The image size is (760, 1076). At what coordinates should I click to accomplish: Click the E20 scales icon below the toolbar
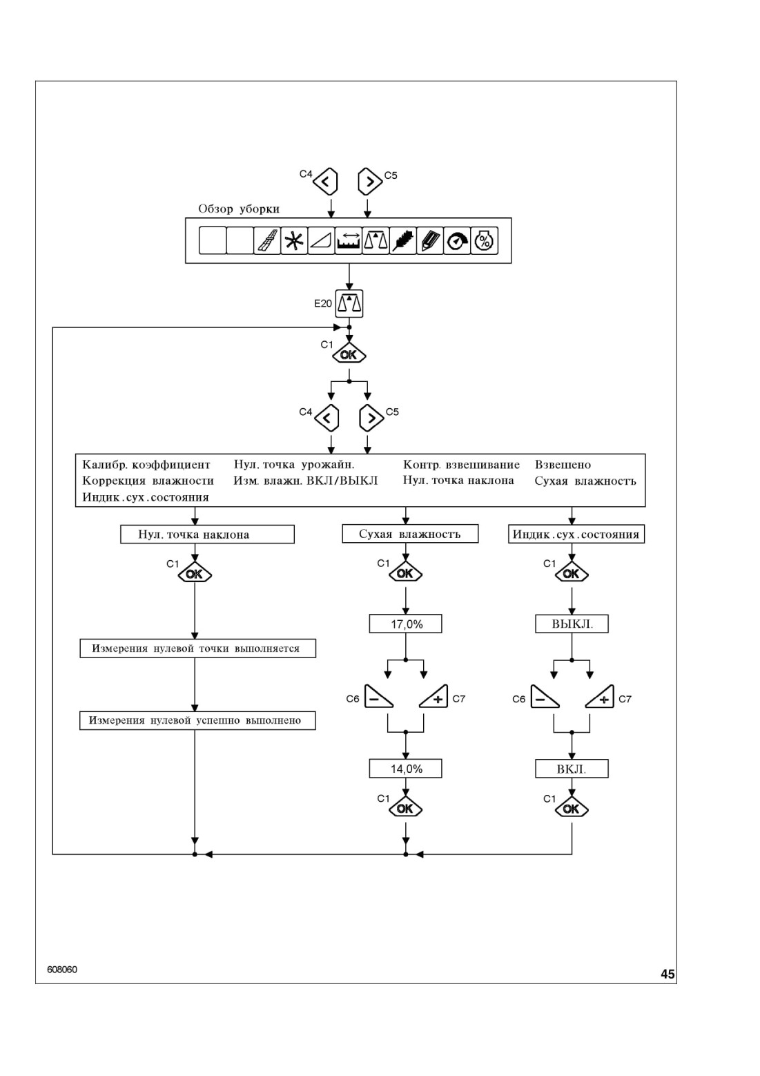(349, 304)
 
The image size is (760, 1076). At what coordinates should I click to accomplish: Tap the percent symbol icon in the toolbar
(485, 240)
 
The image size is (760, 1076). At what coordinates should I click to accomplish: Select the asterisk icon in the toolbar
(294, 240)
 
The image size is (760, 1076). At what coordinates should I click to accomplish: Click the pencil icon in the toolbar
(430, 240)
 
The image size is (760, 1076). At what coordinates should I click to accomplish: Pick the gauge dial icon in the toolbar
(457, 240)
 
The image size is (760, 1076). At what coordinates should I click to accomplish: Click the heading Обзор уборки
(239, 209)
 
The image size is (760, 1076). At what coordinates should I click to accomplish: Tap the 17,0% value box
(406, 624)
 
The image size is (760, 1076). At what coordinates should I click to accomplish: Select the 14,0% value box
(406, 769)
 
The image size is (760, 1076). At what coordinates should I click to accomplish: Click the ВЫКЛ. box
(572, 624)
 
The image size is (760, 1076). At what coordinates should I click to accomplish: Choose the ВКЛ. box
(572, 769)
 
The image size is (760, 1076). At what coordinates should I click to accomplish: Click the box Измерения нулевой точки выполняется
(198, 649)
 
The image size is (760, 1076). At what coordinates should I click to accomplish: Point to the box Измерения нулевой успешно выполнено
(197, 720)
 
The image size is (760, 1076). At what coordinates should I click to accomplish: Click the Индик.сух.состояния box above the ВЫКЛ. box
(576, 534)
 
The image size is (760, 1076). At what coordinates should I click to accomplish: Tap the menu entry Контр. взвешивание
(461, 465)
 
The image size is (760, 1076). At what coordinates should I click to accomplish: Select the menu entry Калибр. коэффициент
(146, 465)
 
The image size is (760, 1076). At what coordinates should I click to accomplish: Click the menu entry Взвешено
(563, 465)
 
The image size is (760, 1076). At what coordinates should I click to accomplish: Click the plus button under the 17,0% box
(434, 697)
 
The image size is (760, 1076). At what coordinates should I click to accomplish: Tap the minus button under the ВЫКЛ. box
(545, 697)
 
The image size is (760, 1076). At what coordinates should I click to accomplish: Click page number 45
(668, 974)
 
